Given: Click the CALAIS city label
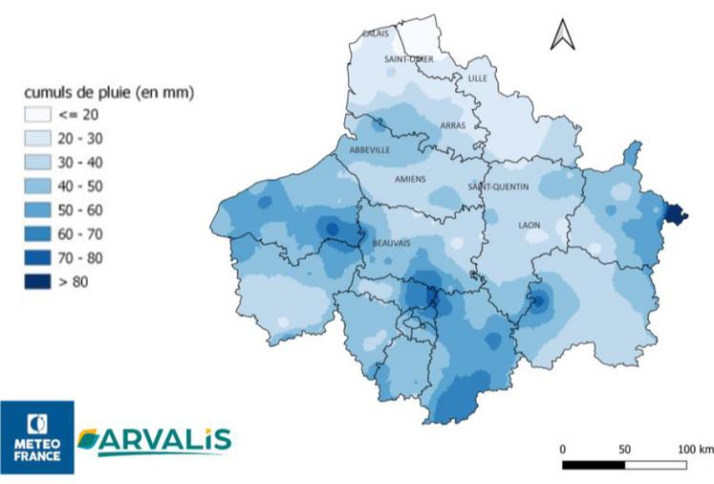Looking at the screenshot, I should point(375,34).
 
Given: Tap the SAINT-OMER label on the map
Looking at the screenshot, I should point(408,59).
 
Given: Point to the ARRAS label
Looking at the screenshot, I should point(452,125).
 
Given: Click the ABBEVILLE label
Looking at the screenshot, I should point(370,150).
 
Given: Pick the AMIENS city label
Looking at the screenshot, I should point(411,179).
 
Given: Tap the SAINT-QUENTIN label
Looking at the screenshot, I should point(498,187).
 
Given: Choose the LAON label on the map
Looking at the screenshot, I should point(529,226).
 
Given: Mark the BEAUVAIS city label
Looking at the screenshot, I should point(391,243).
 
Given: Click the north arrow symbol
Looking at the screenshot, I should point(562,34).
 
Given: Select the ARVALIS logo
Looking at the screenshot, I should point(154,441).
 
